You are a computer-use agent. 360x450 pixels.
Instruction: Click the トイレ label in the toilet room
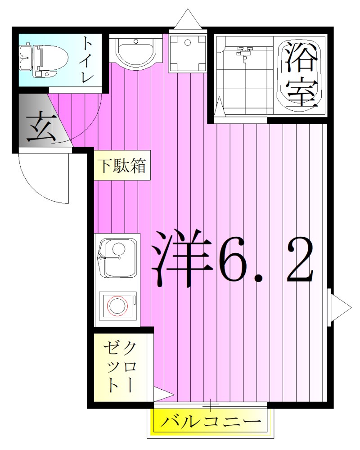(87, 60)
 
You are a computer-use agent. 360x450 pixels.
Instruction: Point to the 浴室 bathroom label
(300, 74)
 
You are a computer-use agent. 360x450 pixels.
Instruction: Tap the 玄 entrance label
(40, 128)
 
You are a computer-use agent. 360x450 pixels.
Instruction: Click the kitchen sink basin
(118, 258)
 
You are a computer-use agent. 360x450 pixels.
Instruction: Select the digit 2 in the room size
(295, 258)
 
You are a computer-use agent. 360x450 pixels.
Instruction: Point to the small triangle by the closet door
(164, 394)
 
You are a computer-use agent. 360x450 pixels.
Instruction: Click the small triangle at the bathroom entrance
(219, 108)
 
